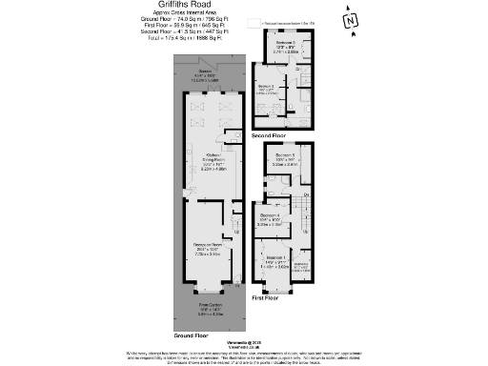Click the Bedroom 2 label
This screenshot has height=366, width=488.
point(285,43)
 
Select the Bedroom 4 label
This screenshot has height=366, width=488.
point(271,215)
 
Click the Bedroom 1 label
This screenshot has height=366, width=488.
point(277,258)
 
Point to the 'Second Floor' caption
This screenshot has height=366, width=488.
point(270,136)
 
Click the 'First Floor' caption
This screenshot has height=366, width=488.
point(268,298)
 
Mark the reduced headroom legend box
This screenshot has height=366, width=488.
point(253,20)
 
